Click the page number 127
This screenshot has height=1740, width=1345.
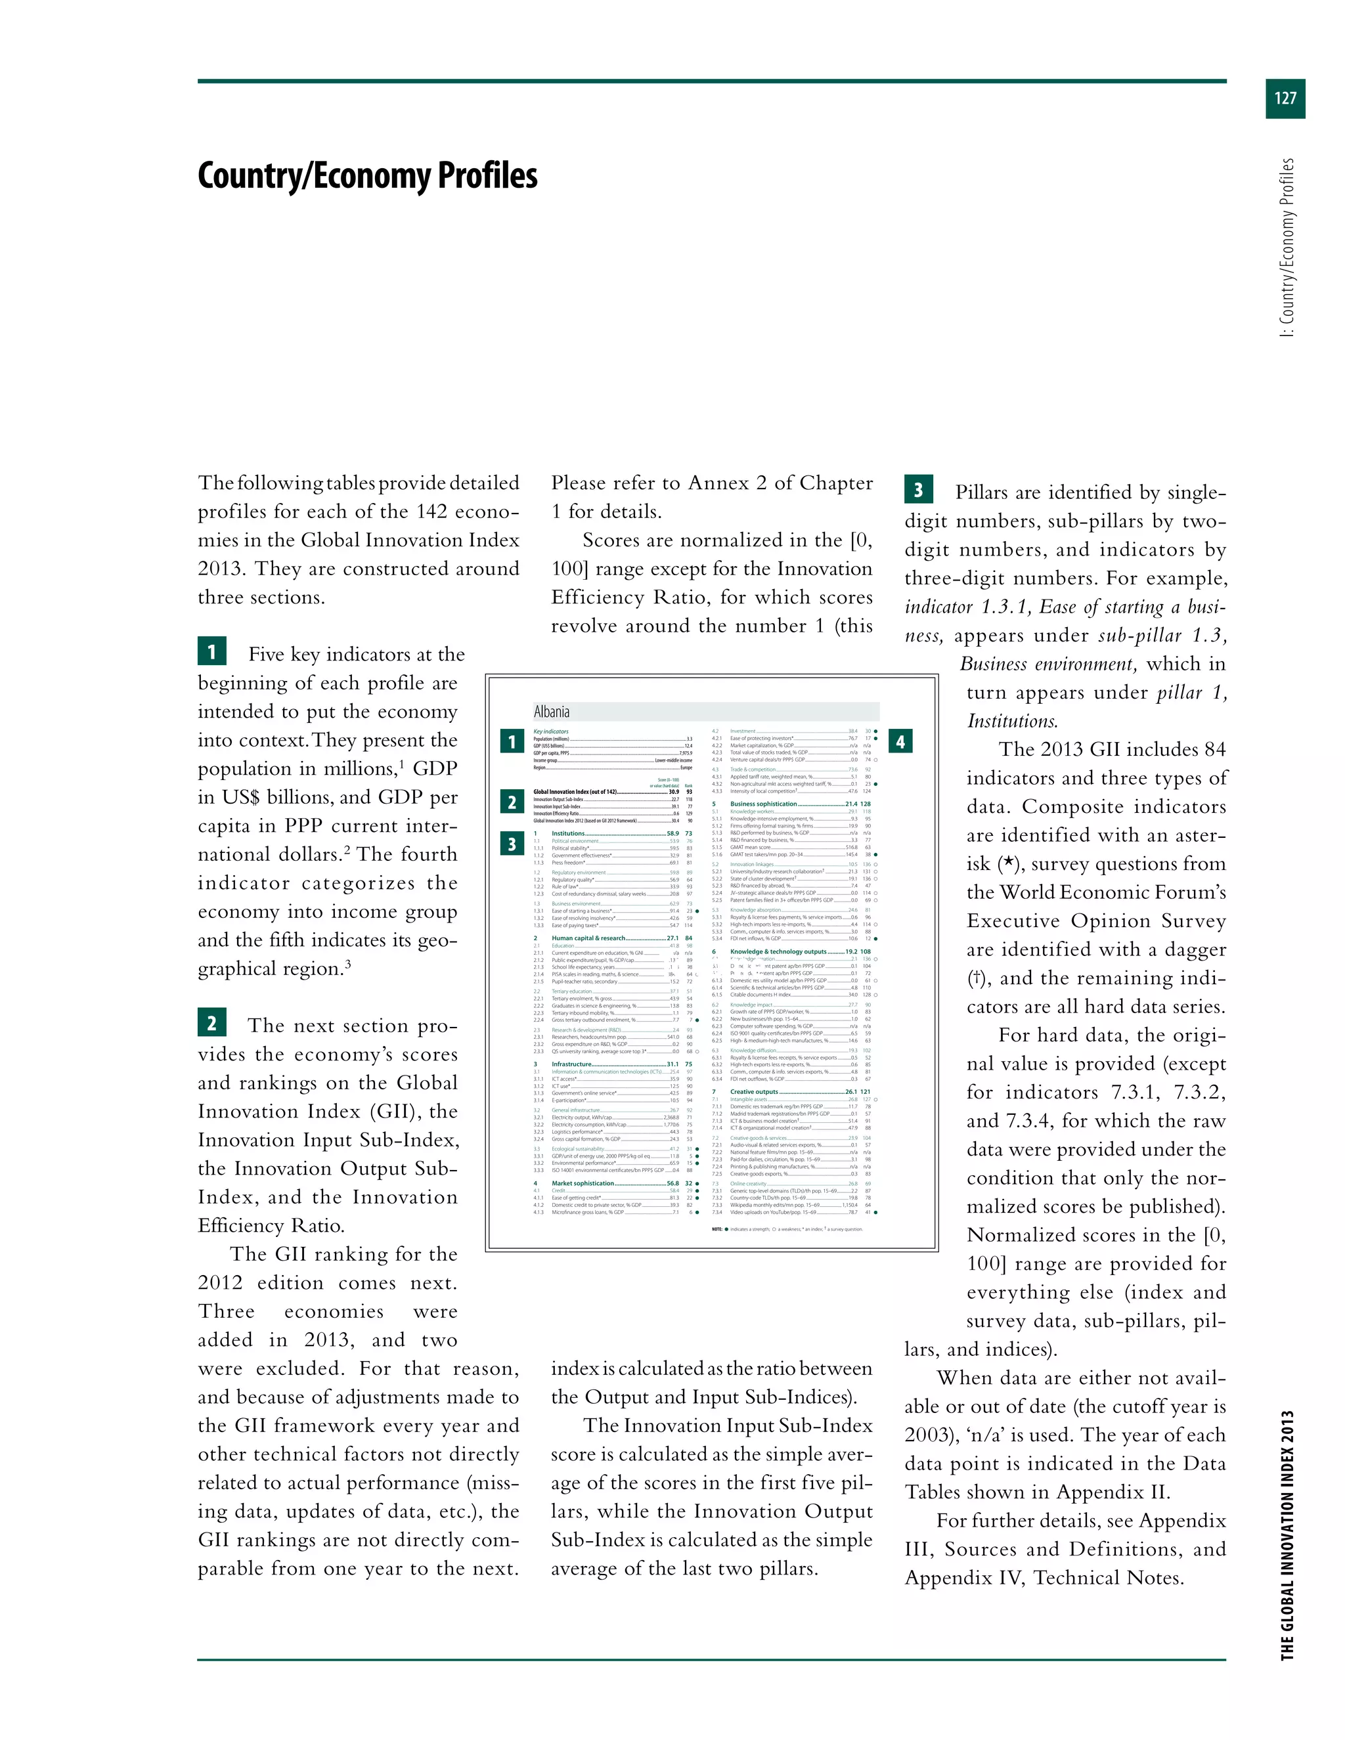pyautogui.click(x=1285, y=98)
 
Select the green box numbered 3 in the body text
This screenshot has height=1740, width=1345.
pyautogui.click(x=918, y=489)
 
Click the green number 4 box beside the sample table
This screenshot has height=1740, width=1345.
pyautogui.click(x=900, y=742)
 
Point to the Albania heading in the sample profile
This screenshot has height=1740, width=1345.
pyautogui.click(x=552, y=712)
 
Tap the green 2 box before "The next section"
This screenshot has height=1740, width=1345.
pyautogui.click(x=211, y=1022)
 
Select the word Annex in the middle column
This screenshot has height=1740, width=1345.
pyautogui.click(x=718, y=483)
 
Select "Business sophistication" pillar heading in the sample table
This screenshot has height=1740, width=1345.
pyautogui.click(x=762, y=804)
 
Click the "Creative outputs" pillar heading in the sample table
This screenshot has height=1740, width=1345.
pyautogui.click(x=754, y=1091)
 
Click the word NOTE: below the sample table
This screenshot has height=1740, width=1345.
pyautogui.click(x=717, y=1229)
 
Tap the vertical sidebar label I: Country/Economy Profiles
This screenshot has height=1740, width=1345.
pyautogui.click(x=1287, y=247)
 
